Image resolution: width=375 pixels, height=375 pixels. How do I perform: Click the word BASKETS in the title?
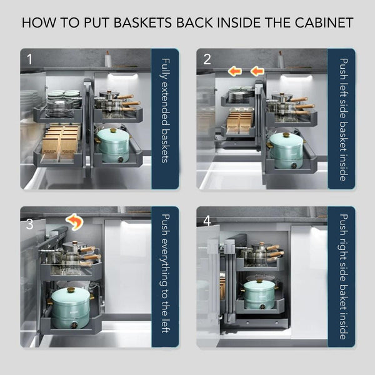[x=142, y=22]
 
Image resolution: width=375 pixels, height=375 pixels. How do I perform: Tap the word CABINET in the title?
[x=324, y=22]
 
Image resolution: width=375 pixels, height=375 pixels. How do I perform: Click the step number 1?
[x=29, y=59]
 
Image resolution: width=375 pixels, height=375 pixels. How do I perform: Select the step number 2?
[x=207, y=59]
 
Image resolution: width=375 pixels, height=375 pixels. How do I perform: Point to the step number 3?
[x=29, y=224]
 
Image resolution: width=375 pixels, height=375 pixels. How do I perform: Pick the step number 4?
[x=207, y=221]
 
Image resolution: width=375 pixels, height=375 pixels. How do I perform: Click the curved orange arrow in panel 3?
[x=75, y=221]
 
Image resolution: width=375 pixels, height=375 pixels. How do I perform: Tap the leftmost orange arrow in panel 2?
[x=235, y=71]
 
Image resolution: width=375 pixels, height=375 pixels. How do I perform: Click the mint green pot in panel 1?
[x=113, y=145]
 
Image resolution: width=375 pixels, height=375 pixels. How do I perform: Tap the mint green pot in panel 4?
[x=259, y=294]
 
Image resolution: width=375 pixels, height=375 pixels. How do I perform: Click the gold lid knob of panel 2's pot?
[x=286, y=135]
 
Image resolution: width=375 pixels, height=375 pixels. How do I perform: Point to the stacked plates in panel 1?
[x=63, y=103]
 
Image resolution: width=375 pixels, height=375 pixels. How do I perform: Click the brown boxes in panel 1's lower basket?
[x=61, y=141]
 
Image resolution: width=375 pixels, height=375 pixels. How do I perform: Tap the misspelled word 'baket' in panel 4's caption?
[x=343, y=299]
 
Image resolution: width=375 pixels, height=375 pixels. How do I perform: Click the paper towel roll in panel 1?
[x=108, y=59]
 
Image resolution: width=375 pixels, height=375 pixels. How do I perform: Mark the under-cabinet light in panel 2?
[x=296, y=77]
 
